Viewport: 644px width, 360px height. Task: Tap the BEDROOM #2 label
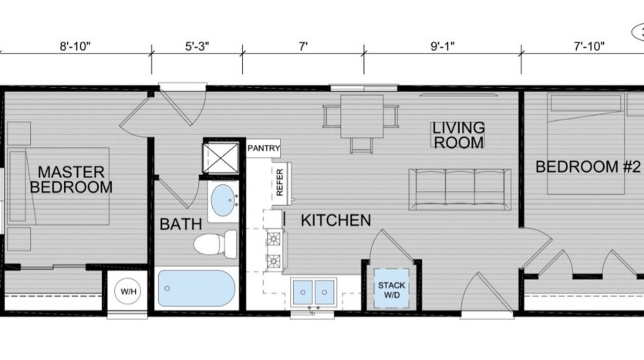click(x=588, y=166)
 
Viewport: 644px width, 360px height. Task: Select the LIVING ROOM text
click(x=458, y=135)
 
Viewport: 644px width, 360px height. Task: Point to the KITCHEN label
click(x=335, y=220)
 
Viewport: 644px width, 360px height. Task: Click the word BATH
click(x=180, y=224)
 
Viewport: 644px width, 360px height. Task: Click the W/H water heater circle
click(x=126, y=292)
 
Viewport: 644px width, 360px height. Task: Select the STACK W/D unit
click(x=391, y=291)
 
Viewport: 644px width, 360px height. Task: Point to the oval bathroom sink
click(x=224, y=200)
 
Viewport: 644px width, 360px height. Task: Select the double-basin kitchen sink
click(x=315, y=291)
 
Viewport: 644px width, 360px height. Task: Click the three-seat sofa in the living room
click(x=460, y=188)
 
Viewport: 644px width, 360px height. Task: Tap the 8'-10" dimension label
click(x=76, y=46)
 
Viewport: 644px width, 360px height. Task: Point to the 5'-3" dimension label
click(x=197, y=46)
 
